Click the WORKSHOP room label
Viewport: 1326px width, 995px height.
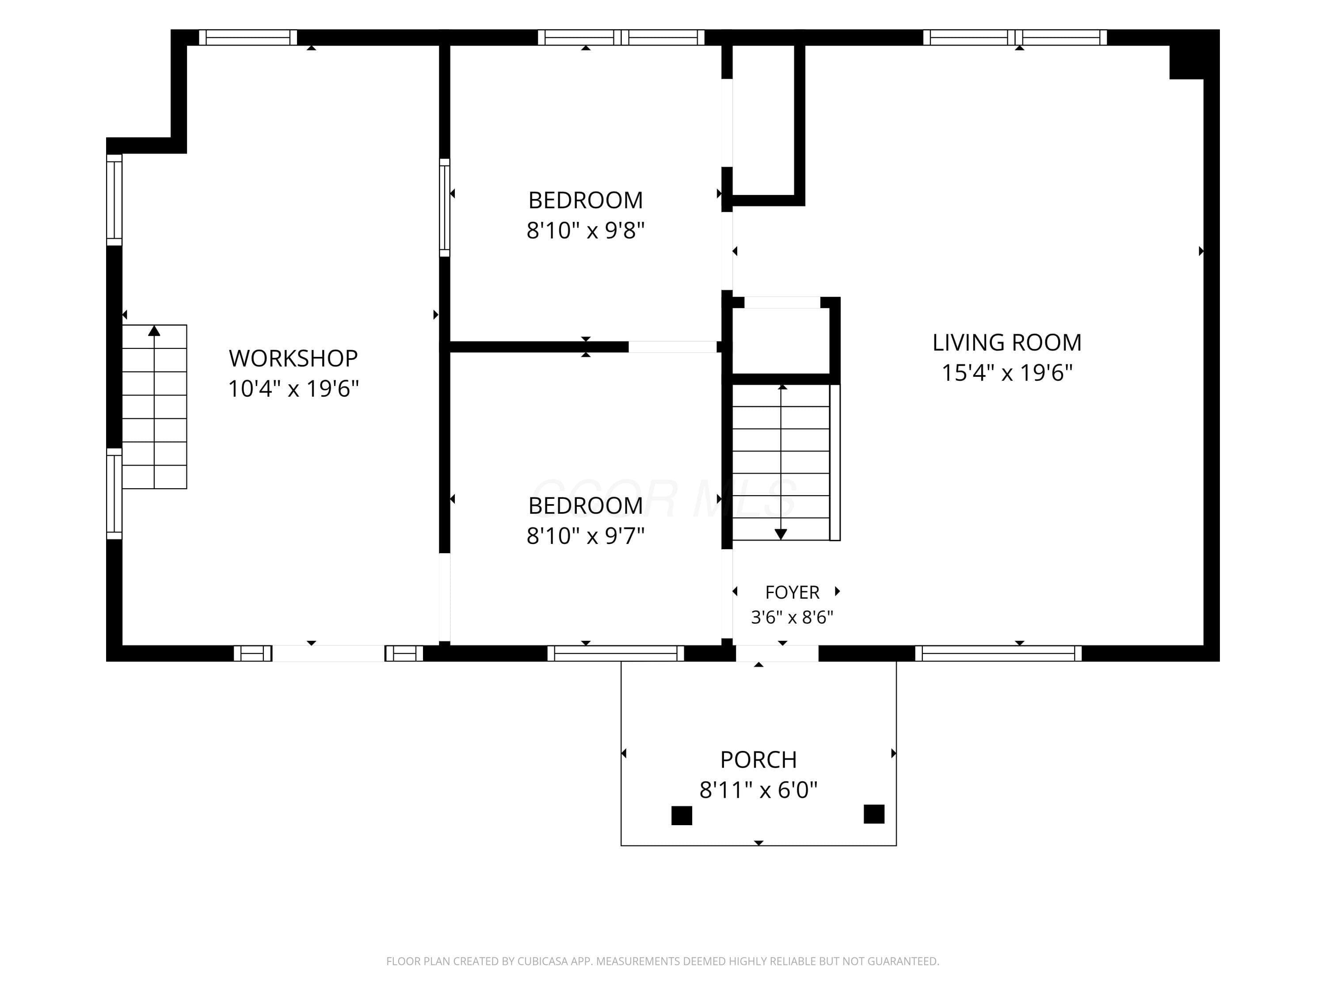click(x=293, y=358)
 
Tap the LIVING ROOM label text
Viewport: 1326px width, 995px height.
click(x=1007, y=342)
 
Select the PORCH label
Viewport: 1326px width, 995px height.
click(x=758, y=760)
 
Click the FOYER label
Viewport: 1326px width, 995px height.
click(x=792, y=593)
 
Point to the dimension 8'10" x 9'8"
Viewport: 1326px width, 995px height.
click(x=586, y=230)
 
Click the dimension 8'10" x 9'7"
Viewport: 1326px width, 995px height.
click(x=586, y=536)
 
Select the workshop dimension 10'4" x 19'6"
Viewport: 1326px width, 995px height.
click(x=293, y=389)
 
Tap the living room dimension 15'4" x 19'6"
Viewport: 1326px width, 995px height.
click(x=1007, y=372)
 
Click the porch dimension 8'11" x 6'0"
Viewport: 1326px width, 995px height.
click(x=758, y=790)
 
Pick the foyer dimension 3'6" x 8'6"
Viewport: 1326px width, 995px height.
click(x=792, y=617)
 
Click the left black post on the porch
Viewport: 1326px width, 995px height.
click(x=682, y=815)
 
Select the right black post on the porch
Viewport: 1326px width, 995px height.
click(x=874, y=814)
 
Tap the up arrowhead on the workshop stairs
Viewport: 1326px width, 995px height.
click(x=155, y=330)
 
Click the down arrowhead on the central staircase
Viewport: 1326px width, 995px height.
click(x=781, y=534)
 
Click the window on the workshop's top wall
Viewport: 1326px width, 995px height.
click(x=248, y=37)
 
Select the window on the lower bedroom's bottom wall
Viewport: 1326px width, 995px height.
click(x=616, y=653)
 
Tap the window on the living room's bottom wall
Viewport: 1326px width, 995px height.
click(x=998, y=653)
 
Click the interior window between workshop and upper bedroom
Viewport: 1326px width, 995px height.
click(x=444, y=207)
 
